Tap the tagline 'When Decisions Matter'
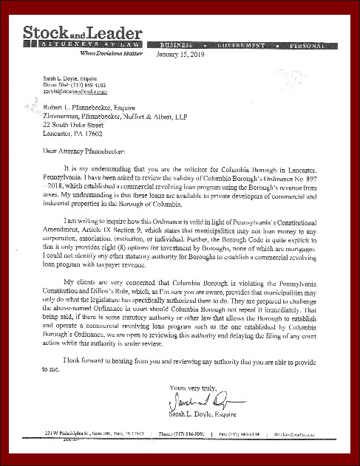110,54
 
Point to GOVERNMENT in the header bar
242,46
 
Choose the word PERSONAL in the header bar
311,46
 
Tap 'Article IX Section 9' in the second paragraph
115,223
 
